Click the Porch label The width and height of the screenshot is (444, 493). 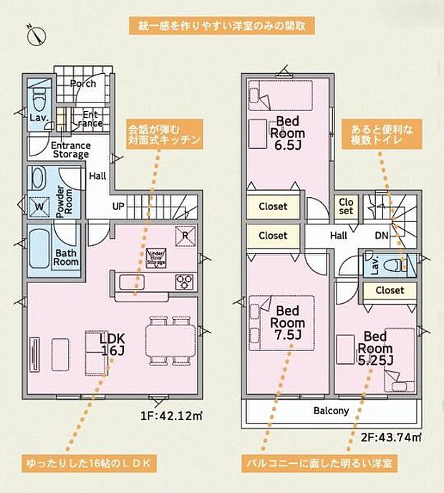point(83,84)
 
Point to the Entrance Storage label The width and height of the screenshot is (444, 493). point(70,150)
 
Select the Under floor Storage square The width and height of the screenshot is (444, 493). point(156,258)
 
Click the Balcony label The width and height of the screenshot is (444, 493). point(331,411)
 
